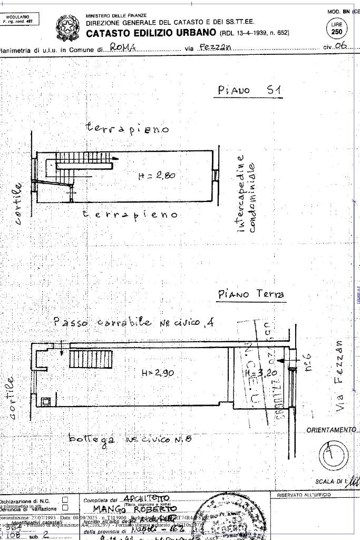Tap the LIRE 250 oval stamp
336,28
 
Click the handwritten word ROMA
123,47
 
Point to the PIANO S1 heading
250,90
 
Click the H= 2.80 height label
157,176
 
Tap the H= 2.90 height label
158,373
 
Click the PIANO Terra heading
251,294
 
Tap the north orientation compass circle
334,454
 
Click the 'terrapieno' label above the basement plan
127,128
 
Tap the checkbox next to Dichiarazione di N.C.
65,499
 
